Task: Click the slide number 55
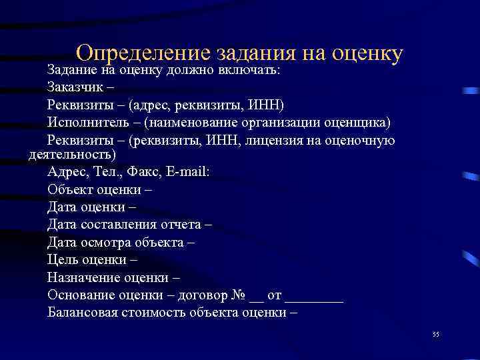point(436,334)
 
